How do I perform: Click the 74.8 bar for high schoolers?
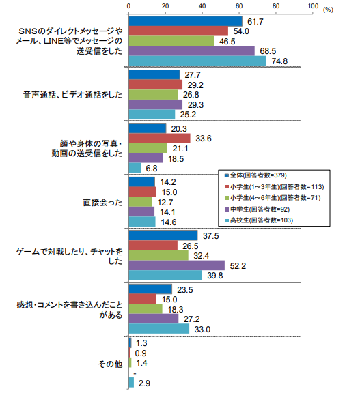197,61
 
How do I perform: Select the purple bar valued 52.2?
177,265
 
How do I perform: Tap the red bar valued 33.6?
159,139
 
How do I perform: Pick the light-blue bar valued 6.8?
135,168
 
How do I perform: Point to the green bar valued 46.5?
171,41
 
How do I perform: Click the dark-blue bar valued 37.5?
163,235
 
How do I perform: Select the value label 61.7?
255,22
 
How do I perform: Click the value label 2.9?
144,383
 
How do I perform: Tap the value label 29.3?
195,105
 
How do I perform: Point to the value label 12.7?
165,202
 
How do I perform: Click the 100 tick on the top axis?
313,6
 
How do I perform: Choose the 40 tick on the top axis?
202,6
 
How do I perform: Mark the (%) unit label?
328,10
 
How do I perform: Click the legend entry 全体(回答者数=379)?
256,175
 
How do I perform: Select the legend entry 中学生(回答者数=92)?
258,209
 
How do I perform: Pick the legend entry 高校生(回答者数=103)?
259,220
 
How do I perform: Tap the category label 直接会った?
102,202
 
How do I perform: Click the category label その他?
110,364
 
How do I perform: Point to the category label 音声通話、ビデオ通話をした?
73,95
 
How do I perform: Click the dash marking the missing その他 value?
135,374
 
